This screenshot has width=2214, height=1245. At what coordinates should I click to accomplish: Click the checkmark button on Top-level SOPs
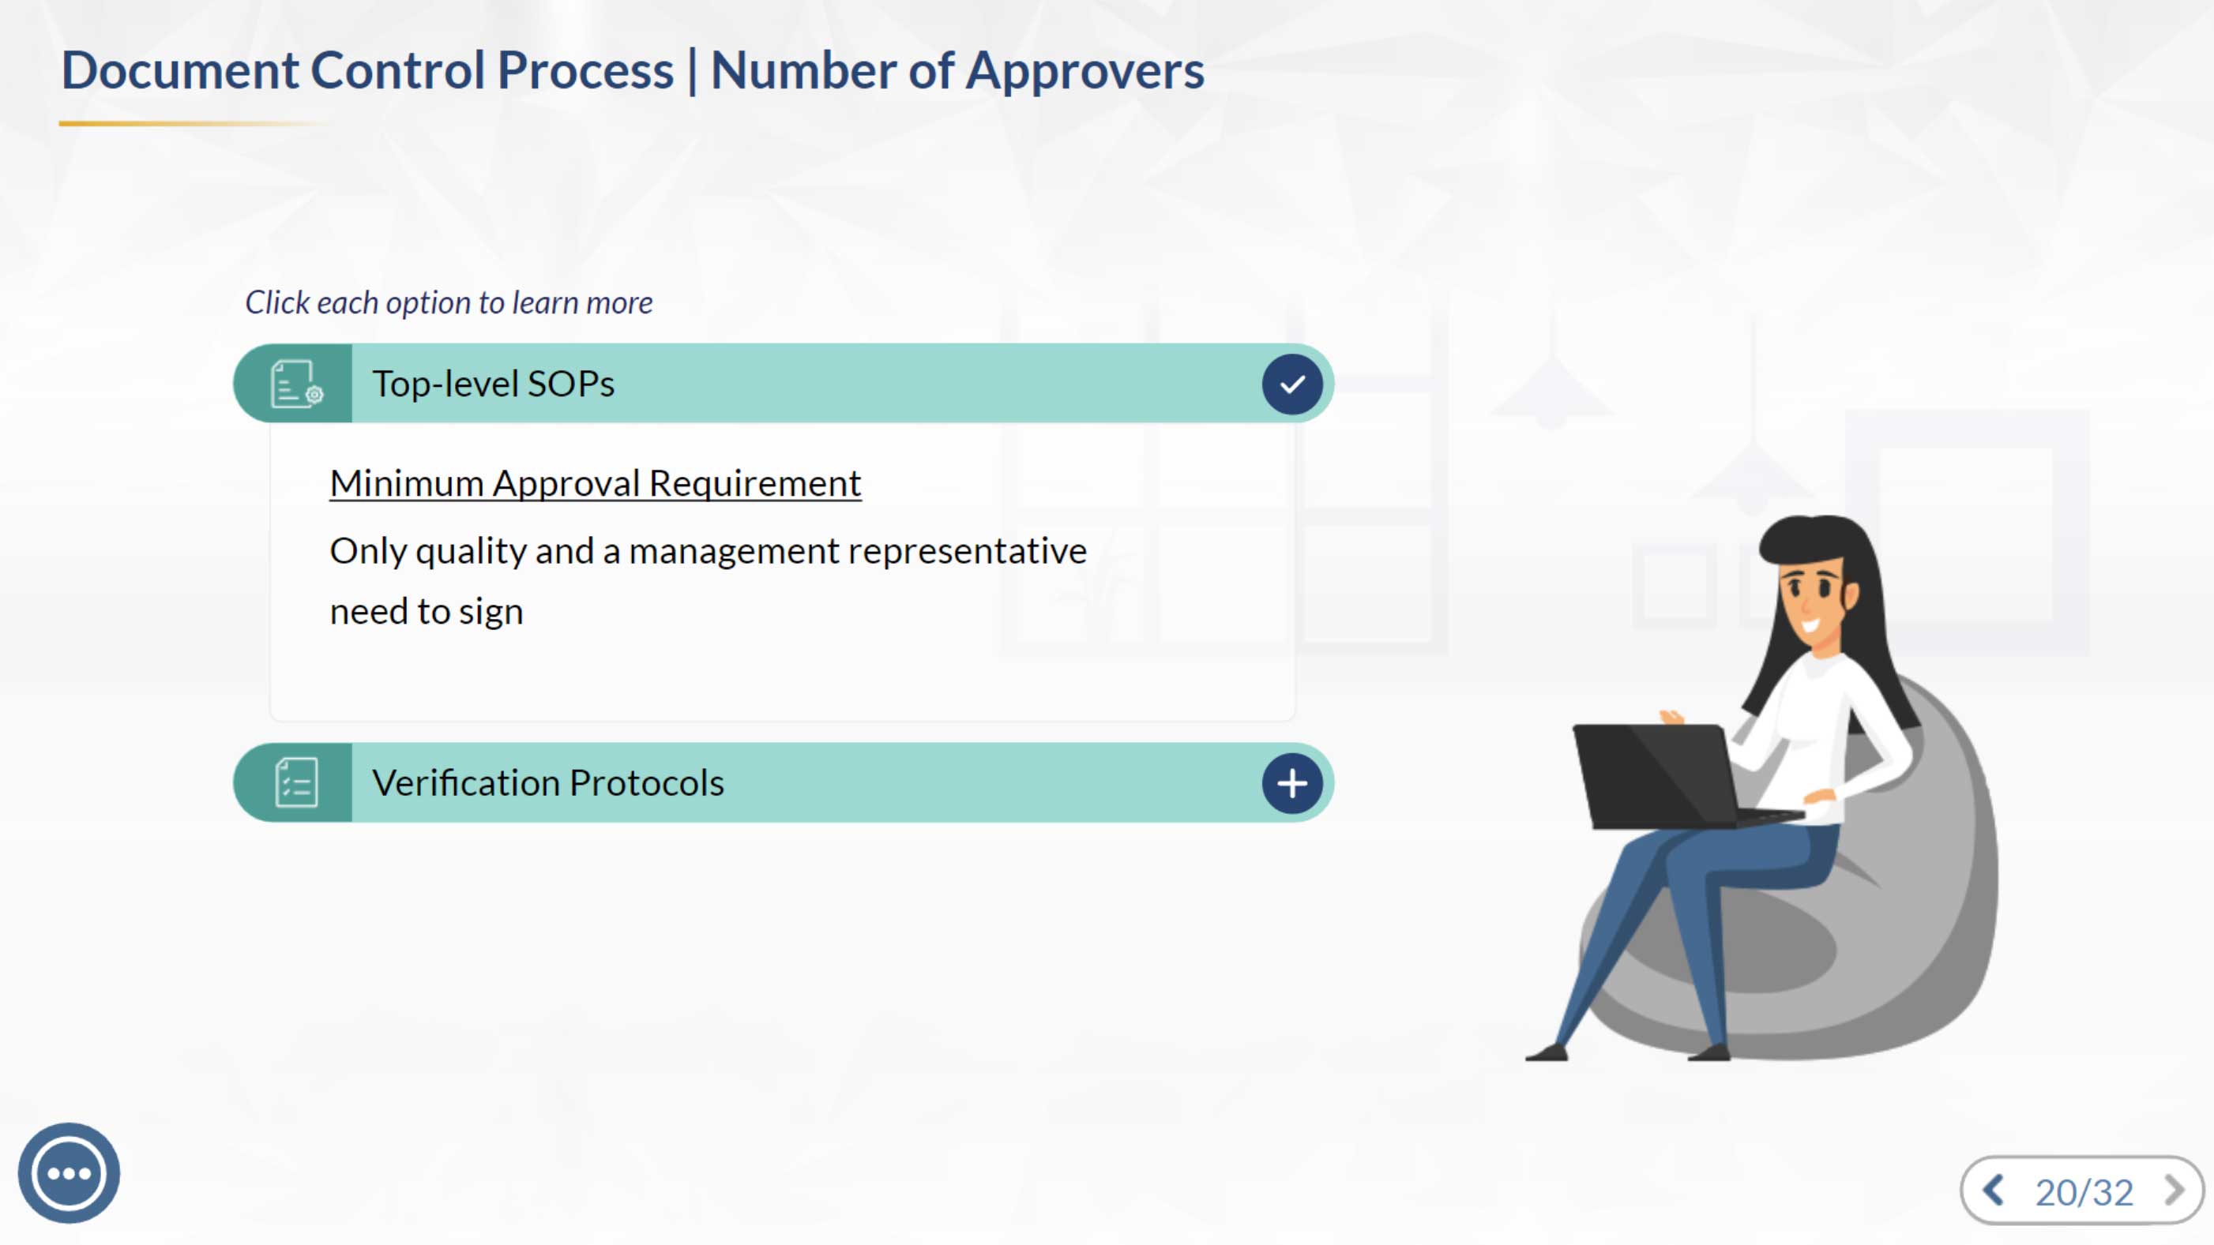(x=1291, y=384)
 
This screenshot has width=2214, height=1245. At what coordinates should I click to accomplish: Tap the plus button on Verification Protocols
(x=1291, y=782)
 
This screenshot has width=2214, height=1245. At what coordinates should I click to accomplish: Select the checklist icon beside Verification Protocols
(x=296, y=782)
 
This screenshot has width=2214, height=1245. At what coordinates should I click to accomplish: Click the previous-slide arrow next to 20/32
(x=1994, y=1190)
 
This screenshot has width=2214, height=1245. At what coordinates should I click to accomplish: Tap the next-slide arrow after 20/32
(x=2175, y=1190)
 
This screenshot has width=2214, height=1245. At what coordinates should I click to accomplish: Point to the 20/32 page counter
(x=2084, y=1192)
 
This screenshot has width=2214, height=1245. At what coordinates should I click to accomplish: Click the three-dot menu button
(x=69, y=1173)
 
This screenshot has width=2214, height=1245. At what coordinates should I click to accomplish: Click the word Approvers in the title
(x=1084, y=70)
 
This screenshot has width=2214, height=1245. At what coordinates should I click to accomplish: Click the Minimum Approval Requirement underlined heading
(x=596, y=484)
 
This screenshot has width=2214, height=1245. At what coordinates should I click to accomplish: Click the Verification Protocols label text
(x=548, y=782)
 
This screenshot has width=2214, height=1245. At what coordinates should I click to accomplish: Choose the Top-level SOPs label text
(x=494, y=384)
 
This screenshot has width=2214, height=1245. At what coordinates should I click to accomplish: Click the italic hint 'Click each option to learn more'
(x=449, y=302)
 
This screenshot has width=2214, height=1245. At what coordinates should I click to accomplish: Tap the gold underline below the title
(x=194, y=124)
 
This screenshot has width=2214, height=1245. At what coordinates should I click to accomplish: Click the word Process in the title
(x=585, y=69)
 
